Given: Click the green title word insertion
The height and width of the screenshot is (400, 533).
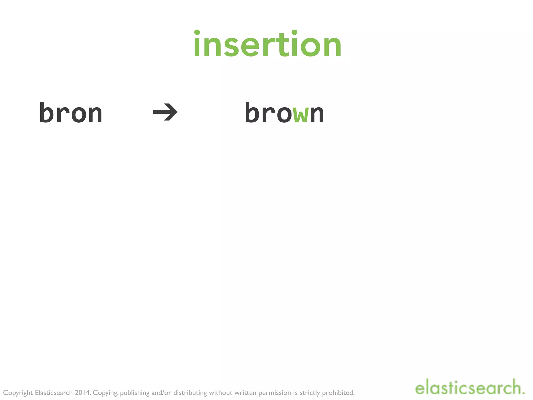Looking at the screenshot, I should coord(267,44).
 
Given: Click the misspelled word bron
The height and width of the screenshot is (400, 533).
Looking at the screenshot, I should coord(71,113).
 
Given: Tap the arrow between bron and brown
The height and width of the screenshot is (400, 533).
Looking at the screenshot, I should coord(165,112).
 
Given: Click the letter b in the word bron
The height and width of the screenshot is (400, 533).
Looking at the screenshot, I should coord(47,112).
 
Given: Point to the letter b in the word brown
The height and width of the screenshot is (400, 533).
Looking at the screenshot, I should coord(252,112).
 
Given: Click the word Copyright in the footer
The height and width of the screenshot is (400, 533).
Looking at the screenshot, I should coord(18,393).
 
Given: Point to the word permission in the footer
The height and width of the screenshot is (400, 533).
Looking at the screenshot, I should coord(275,393).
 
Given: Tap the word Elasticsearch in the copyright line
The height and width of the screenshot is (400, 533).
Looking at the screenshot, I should coord(54,392).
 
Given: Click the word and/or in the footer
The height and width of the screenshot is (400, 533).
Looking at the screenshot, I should coord(161,392).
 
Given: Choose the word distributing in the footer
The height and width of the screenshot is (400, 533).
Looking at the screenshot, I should coord(190,393).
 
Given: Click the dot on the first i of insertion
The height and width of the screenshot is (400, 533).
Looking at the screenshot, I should coord(197,33).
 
